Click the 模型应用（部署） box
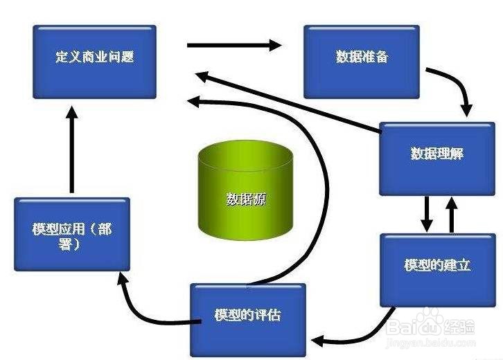point(71,234)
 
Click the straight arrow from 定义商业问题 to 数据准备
point(233,46)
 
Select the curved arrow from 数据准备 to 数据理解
point(457,87)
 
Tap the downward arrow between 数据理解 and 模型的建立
point(427,214)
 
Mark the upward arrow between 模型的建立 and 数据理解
point(451,214)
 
